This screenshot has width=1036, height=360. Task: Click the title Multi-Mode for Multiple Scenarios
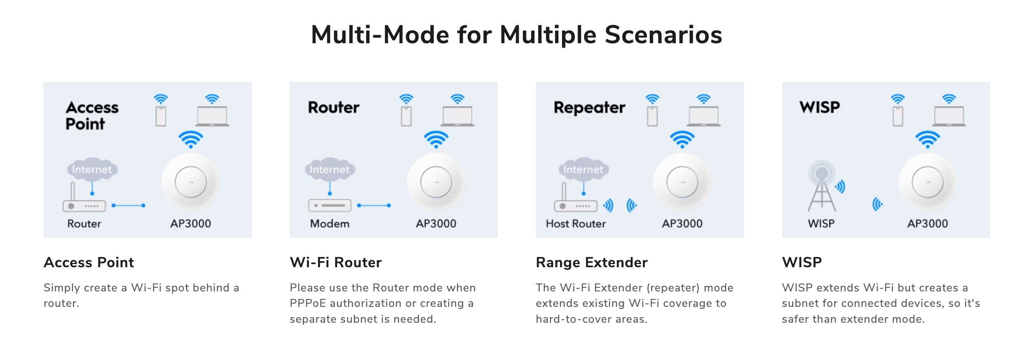pyautogui.click(x=517, y=34)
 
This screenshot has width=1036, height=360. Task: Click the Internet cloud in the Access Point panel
pyautogui.click(x=92, y=169)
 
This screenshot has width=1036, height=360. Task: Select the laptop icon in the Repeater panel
pyautogui.click(x=703, y=116)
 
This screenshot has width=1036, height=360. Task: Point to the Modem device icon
pyautogui.click(x=330, y=205)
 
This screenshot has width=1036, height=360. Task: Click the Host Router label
pyautogui.click(x=576, y=224)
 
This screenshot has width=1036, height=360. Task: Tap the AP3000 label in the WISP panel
pyautogui.click(x=927, y=224)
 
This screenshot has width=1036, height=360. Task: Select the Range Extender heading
pyautogui.click(x=592, y=262)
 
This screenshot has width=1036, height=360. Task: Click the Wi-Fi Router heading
pyautogui.click(x=336, y=262)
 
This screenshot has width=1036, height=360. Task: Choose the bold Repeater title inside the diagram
pyautogui.click(x=589, y=108)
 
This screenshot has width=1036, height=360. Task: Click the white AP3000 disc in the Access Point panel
pyautogui.click(x=191, y=182)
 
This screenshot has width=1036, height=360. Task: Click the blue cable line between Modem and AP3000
pyautogui.click(x=374, y=205)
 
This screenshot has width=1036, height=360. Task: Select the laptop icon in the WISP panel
pyautogui.click(x=949, y=116)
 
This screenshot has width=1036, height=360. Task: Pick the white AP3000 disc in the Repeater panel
pyautogui.click(x=682, y=182)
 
